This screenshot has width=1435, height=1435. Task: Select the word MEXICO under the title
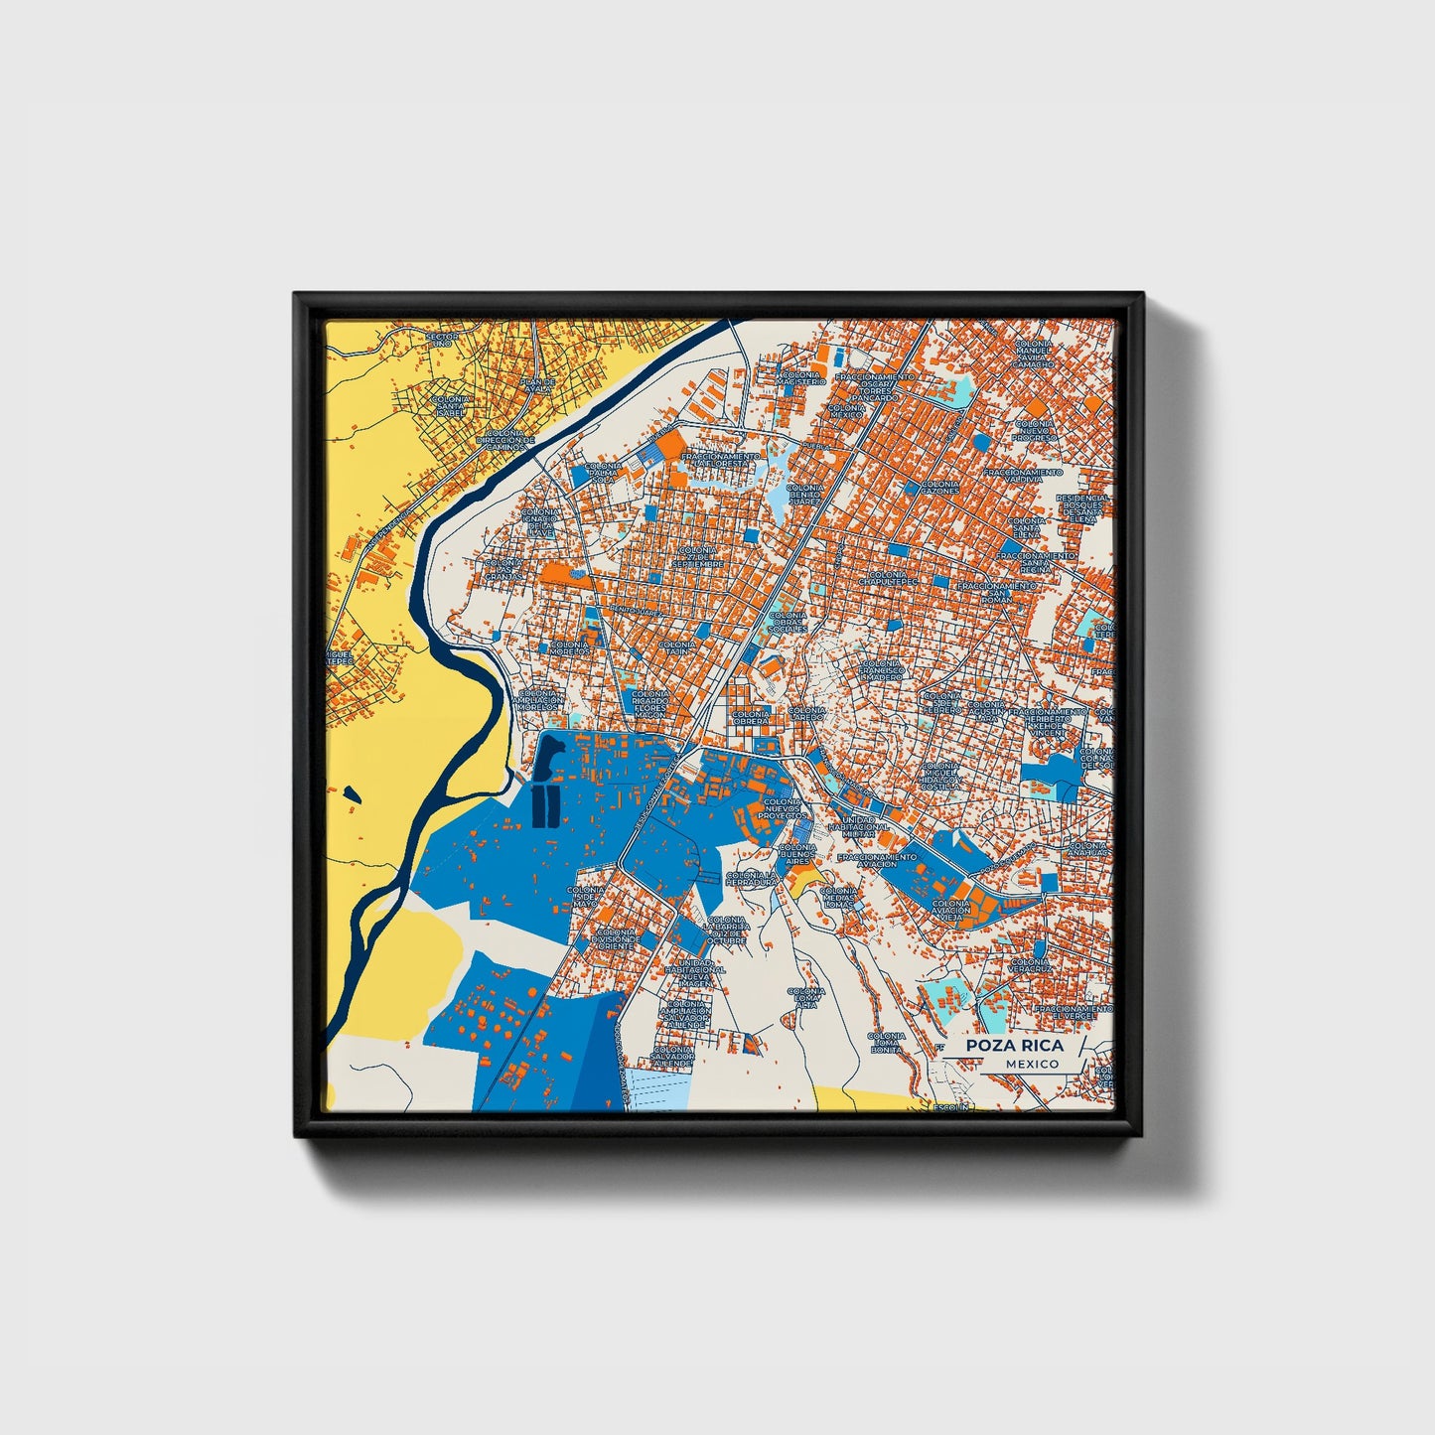(x=1031, y=1064)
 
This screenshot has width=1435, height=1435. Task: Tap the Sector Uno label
(x=442, y=340)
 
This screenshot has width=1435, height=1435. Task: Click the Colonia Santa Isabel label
(x=452, y=407)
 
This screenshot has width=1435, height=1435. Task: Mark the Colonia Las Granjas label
(x=502, y=569)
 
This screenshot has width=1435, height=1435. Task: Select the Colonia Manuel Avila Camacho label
(x=1034, y=354)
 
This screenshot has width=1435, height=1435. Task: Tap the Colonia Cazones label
(x=939, y=487)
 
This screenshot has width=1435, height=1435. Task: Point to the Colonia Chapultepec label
(x=886, y=579)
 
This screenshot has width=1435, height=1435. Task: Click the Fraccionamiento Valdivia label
(x=1024, y=476)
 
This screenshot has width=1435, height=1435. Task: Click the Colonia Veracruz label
(x=1028, y=965)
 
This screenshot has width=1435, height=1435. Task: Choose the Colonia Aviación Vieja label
(x=950, y=910)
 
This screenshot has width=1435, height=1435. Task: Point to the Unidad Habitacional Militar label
(x=858, y=826)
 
